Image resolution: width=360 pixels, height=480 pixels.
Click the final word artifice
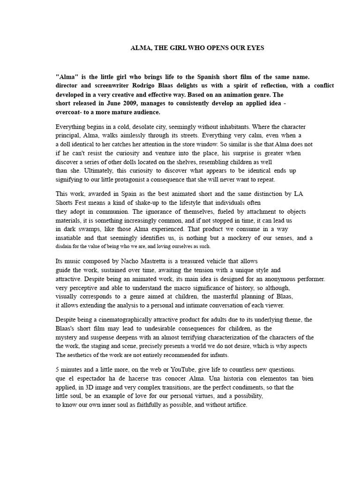(236, 405)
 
